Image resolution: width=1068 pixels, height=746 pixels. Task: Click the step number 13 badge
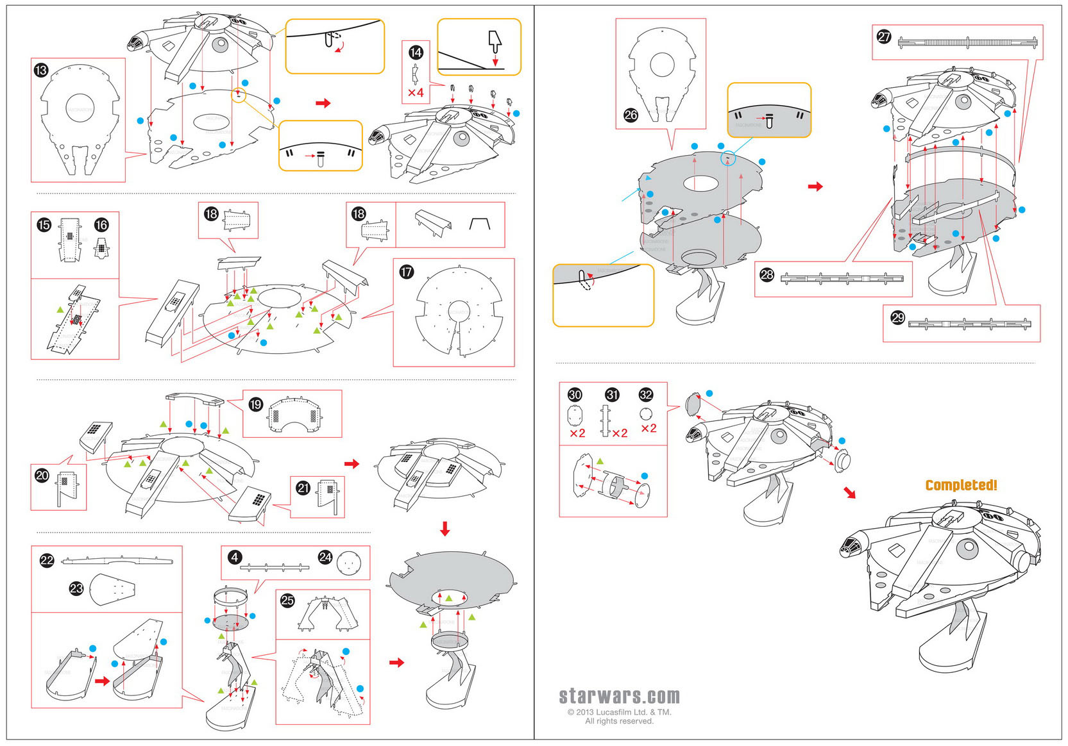coord(41,70)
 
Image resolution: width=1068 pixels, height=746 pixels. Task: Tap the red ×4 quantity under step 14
coord(416,92)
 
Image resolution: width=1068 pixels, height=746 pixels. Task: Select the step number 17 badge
coord(407,272)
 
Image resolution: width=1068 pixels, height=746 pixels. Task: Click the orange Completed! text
coord(961,485)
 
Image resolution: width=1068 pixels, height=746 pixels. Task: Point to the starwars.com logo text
coord(619,696)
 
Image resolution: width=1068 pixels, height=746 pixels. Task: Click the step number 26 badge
coord(631,115)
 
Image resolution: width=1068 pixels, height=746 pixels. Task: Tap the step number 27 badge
coord(884,37)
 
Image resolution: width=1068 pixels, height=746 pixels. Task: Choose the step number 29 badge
coord(897,317)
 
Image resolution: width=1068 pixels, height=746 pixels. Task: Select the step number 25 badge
coord(287,601)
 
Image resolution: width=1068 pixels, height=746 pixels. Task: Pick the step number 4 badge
coord(235,557)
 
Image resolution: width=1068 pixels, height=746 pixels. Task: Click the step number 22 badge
coord(47,560)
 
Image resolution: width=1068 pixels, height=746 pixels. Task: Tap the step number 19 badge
coord(255,404)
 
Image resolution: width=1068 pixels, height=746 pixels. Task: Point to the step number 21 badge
coord(303,488)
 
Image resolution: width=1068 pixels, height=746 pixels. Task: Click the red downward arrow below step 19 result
coord(445,529)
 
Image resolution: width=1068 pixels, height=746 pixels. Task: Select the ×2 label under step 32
coord(648,428)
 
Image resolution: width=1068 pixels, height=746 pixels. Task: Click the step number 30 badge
coord(575,395)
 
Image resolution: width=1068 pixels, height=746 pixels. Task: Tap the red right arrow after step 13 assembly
coord(323,103)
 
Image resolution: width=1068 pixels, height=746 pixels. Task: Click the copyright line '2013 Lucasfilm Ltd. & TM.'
coord(620,712)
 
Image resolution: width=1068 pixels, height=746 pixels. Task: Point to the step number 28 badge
coord(767,275)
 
